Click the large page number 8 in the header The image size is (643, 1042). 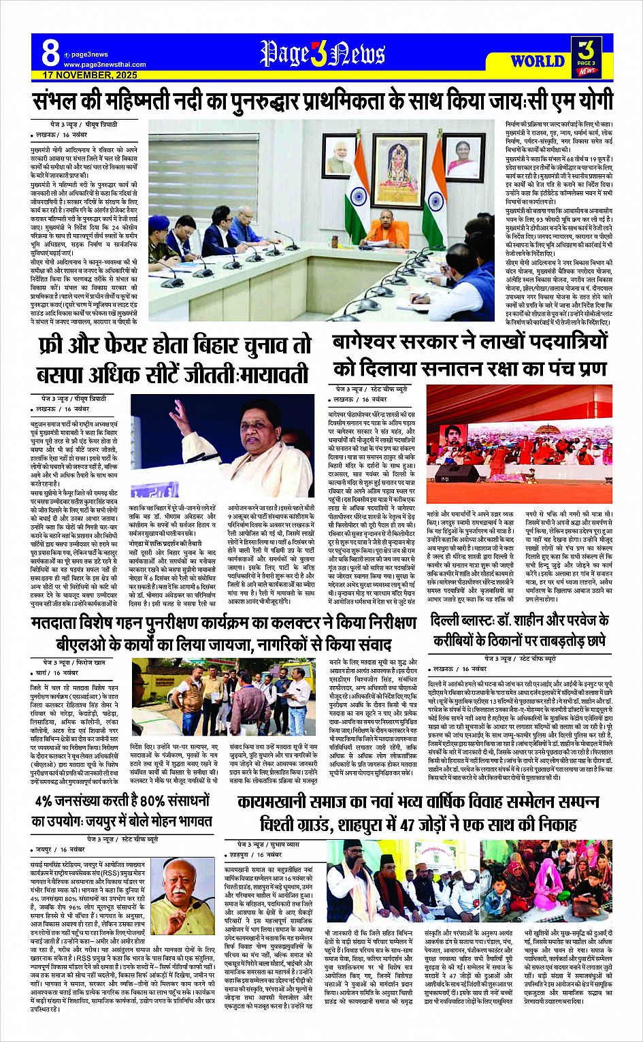coord(50,53)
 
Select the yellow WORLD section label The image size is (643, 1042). coord(538,61)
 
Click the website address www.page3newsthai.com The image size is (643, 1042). coord(105,65)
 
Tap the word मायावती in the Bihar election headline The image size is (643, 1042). coord(276,375)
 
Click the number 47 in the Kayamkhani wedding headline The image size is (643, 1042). coord(408,825)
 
